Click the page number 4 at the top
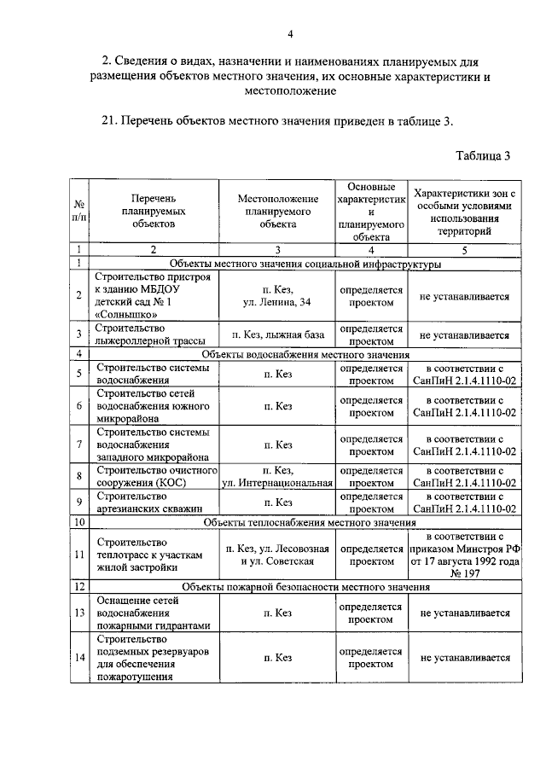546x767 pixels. click(290, 33)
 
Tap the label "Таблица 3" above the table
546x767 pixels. click(483, 155)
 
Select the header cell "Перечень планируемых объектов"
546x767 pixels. click(153, 211)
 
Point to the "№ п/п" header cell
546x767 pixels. click(78, 211)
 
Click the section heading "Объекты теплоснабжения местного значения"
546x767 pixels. click(309, 521)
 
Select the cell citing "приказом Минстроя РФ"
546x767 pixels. click(464, 555)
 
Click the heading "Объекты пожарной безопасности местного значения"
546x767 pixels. click(306, 588)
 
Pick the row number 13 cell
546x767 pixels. click(78, 613)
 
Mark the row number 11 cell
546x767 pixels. click(78, 555)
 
